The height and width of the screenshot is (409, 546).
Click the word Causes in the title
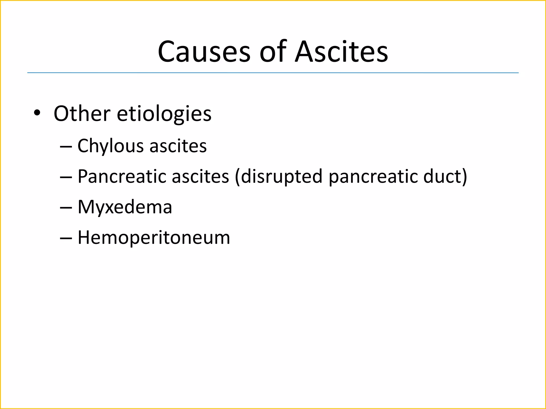click(204, 52)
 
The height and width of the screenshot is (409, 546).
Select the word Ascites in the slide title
click(342, 52)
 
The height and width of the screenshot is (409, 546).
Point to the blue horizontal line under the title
click(273, 73)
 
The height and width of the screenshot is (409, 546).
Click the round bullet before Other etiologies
click(37, 113)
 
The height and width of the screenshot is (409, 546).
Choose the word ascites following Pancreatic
click(200, 177)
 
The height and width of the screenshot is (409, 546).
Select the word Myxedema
click(125, 207)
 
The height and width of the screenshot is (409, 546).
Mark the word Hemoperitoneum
click(154, 238)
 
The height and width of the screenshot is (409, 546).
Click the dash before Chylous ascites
click(66, 147)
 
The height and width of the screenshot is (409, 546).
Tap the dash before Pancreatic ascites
click(66, 177)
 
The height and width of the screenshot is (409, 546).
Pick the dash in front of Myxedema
click(66, 208)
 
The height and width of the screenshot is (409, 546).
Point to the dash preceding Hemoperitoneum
click(66, 238)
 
